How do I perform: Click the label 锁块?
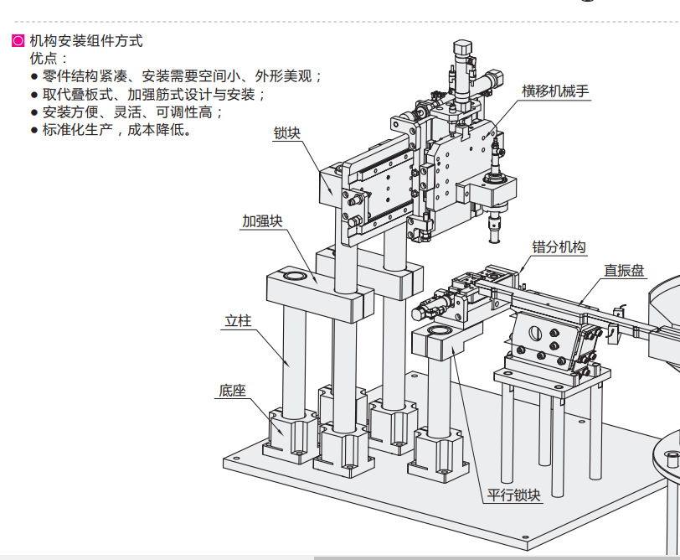(287, 132)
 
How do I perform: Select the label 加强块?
(262, 221)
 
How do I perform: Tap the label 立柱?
(238, 320)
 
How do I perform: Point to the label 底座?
(233, 390)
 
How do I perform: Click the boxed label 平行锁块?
(514, 495)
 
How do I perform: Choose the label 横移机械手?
(555, 91)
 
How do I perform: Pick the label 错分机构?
(559, 247)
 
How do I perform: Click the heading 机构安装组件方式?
(86, 40)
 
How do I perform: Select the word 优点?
(44, 59)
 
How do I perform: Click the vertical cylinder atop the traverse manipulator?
(463, 63)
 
